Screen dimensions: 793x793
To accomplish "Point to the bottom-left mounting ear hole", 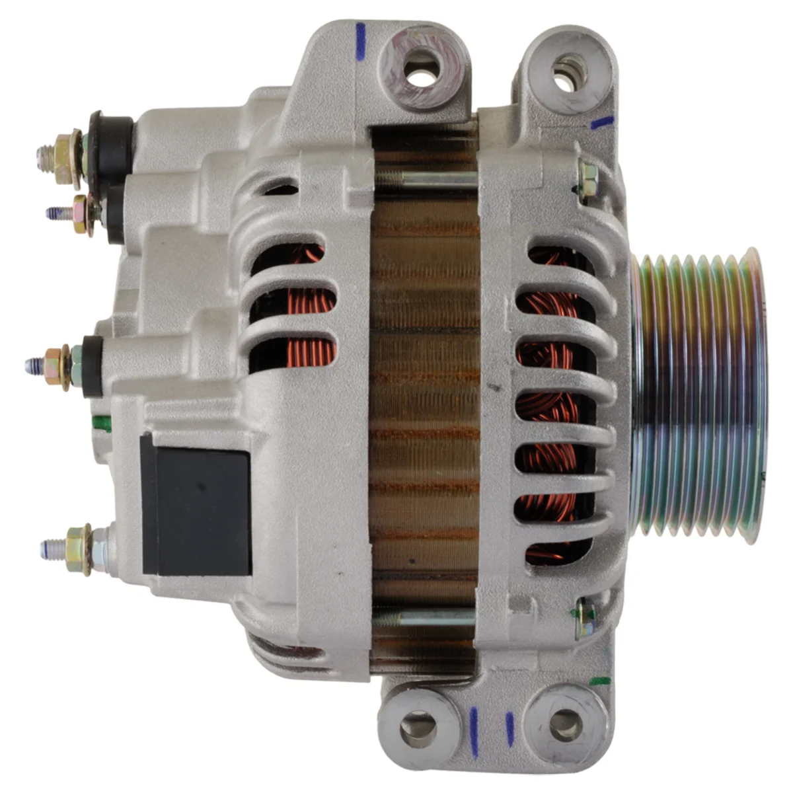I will [x=418, y=724].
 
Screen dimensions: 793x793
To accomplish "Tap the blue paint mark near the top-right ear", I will [x=602, y=122].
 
